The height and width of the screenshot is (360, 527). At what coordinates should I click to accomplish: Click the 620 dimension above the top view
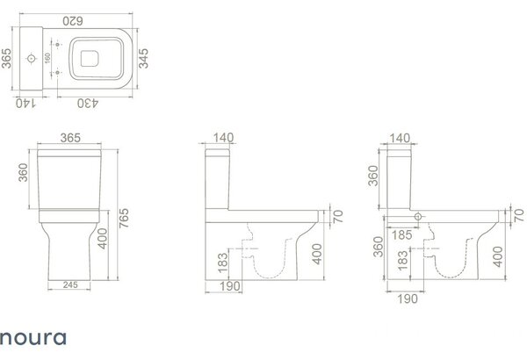point(73,21)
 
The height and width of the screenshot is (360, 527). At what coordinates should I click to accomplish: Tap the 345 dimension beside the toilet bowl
point(143,59)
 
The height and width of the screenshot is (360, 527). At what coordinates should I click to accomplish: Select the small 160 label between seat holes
point(47,58)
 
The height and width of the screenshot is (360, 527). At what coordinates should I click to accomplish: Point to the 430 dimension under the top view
point(88,104)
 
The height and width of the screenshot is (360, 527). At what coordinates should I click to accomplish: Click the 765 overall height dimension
point(124,218)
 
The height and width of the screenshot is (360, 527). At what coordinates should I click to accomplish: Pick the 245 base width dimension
point(70,284)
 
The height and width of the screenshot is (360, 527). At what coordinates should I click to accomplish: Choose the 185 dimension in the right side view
point(401,234)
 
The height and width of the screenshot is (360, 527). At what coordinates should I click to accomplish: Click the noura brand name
point(33,338)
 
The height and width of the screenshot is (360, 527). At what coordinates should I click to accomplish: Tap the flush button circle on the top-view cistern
point(32,59)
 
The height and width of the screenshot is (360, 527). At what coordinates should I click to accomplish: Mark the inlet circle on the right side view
point(418,217)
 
